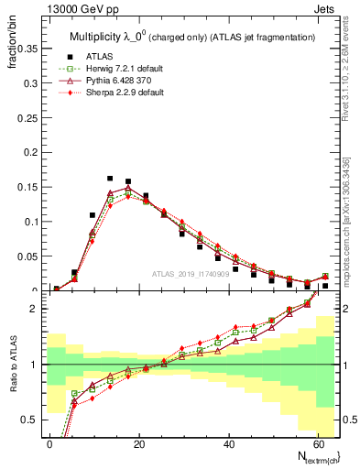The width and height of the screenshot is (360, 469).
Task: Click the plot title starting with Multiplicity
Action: tap(192, 37)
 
